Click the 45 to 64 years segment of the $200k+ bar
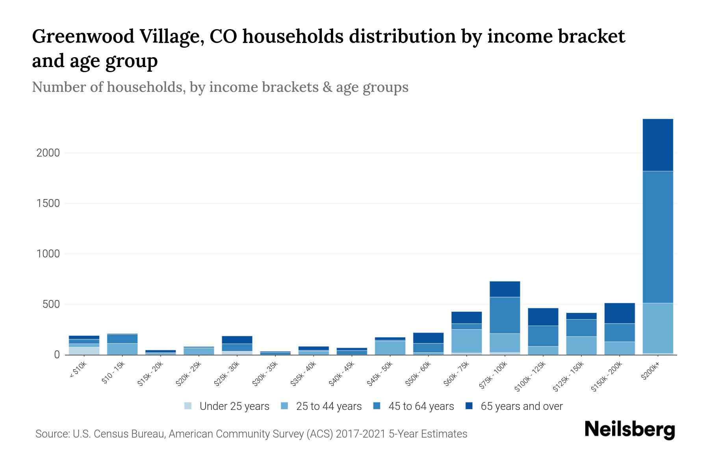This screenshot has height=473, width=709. click(658, 236)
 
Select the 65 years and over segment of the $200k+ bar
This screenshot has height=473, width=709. click(658, 145)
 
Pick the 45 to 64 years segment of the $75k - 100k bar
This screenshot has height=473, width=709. click(505, 315)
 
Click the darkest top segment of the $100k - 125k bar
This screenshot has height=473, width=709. click(543, 317)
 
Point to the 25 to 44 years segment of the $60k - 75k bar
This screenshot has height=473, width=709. click(466, 341)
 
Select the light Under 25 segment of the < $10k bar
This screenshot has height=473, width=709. click(84, 350)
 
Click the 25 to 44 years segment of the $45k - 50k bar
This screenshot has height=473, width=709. click(390, 347)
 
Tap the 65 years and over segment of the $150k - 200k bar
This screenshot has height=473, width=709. click(620, 313)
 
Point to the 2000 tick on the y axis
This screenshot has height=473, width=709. click(48, 153)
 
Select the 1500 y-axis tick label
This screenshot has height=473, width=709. click(48, 203)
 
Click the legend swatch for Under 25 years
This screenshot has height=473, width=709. click(188, 406)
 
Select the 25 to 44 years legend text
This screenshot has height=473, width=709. click(329, 406)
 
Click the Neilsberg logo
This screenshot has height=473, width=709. click(629, 430)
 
